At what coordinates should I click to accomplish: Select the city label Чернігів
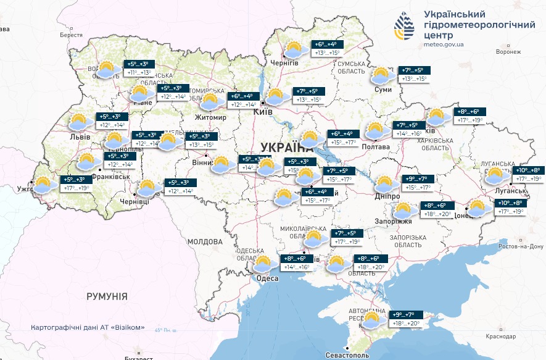pyautogui.click(x=284, y=63)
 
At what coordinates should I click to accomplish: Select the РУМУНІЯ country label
pyautogui.click(x=107, y=297)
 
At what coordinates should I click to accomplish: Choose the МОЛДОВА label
pyautogui.click(x=204, y=241)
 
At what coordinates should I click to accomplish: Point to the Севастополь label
pyautogui.click(x=348, y=356)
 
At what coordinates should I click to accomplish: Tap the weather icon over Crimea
pyautogui.click(x=372, y=320)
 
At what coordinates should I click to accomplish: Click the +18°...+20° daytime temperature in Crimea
pyautogui.click(x=406, y=323)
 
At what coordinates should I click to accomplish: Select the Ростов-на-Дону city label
pyautogui.click(x=516, y=246)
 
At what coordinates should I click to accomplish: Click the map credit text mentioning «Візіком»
pyautogui.click(x=91, y=327)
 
